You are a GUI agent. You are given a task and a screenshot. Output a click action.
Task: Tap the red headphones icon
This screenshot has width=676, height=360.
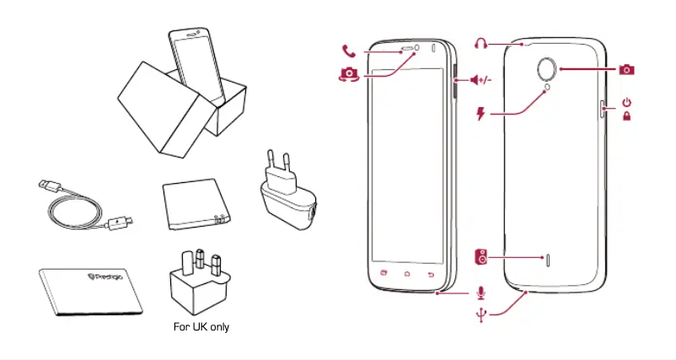(x=481, y=43)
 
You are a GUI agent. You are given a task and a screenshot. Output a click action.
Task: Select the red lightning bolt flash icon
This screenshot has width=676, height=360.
(x=481, y=113)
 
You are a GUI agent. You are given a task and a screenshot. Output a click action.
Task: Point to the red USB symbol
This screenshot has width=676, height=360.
(x=480, y=315)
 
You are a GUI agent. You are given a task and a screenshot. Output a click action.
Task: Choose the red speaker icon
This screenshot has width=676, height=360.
(x=480, y=255)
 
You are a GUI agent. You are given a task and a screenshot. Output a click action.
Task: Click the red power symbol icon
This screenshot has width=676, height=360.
(x=626, y=102)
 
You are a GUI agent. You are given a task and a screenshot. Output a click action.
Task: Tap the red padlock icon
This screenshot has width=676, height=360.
(x=626, y=116)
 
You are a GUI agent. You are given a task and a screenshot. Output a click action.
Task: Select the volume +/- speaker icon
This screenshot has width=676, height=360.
(x=480, y=80)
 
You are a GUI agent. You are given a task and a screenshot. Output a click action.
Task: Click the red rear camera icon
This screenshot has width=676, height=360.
(x=625, y=69)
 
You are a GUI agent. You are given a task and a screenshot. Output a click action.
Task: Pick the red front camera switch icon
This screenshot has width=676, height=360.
(x=346, y=73)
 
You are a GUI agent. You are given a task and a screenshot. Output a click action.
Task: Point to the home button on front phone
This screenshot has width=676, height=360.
(x=407, y=274)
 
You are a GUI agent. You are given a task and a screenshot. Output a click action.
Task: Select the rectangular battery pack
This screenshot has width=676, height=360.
(x=194, y=203)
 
